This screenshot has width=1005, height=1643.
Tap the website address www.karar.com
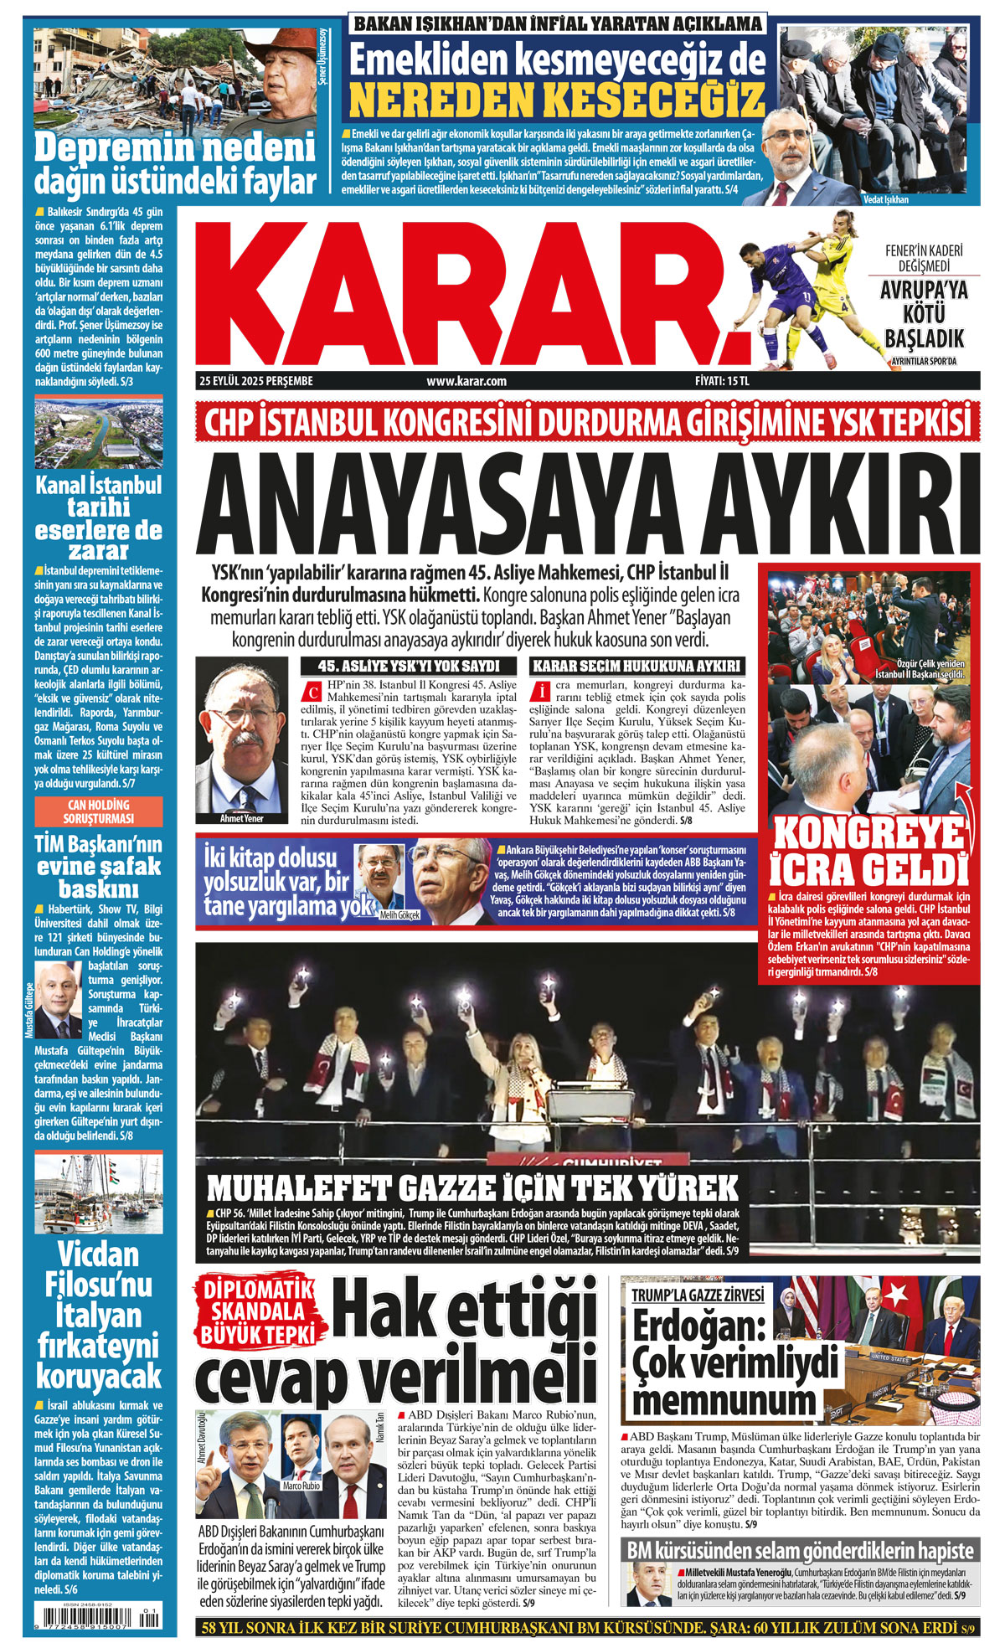tap(466, 381)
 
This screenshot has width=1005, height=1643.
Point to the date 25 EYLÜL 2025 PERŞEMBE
tap(255, 381)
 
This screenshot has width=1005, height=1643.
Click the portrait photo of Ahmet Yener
tap(243, 737)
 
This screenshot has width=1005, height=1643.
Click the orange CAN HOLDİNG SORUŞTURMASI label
tap(97, 811)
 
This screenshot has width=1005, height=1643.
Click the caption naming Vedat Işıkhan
tap(885, 199)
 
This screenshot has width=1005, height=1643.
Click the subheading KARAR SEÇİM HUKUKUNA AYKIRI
tap(637, 667)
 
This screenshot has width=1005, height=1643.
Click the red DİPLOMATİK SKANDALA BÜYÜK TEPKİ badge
tap(258, 1312)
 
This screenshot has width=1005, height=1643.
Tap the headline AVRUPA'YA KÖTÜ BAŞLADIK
tap(924, 314)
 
